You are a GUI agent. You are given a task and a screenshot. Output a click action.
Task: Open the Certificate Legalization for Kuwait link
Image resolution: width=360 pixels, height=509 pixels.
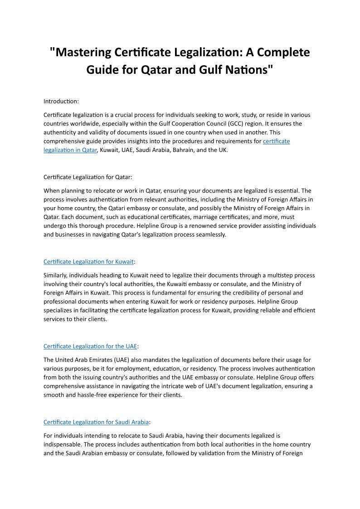[88, 262]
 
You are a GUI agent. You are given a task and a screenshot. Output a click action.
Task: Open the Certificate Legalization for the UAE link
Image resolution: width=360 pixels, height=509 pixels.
[90, 346]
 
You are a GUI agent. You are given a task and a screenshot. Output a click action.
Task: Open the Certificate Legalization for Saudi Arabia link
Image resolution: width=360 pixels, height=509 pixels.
[96, 422]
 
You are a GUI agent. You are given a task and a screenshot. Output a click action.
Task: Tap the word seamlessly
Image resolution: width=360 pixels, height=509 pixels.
[210, 234]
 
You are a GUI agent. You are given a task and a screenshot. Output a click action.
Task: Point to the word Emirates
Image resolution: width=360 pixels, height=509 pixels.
[96, 360]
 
